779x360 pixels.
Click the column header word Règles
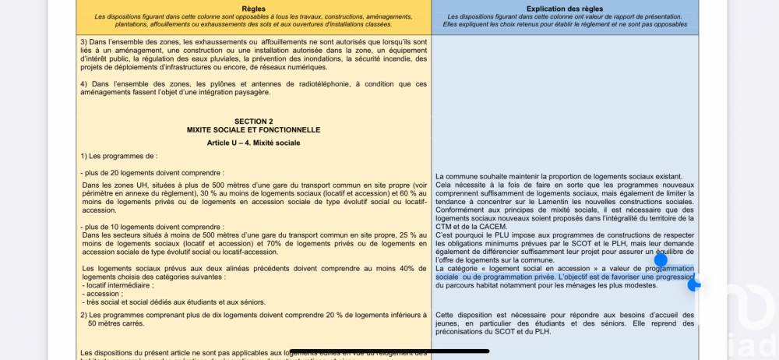254,8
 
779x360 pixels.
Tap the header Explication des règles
565,8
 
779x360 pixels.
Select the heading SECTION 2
254,122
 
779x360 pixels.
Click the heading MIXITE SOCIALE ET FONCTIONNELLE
254,130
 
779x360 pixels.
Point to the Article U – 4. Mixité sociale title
254,143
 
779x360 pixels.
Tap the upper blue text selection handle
661,260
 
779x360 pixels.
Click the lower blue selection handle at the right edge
693,285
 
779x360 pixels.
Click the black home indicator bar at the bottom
389,351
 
